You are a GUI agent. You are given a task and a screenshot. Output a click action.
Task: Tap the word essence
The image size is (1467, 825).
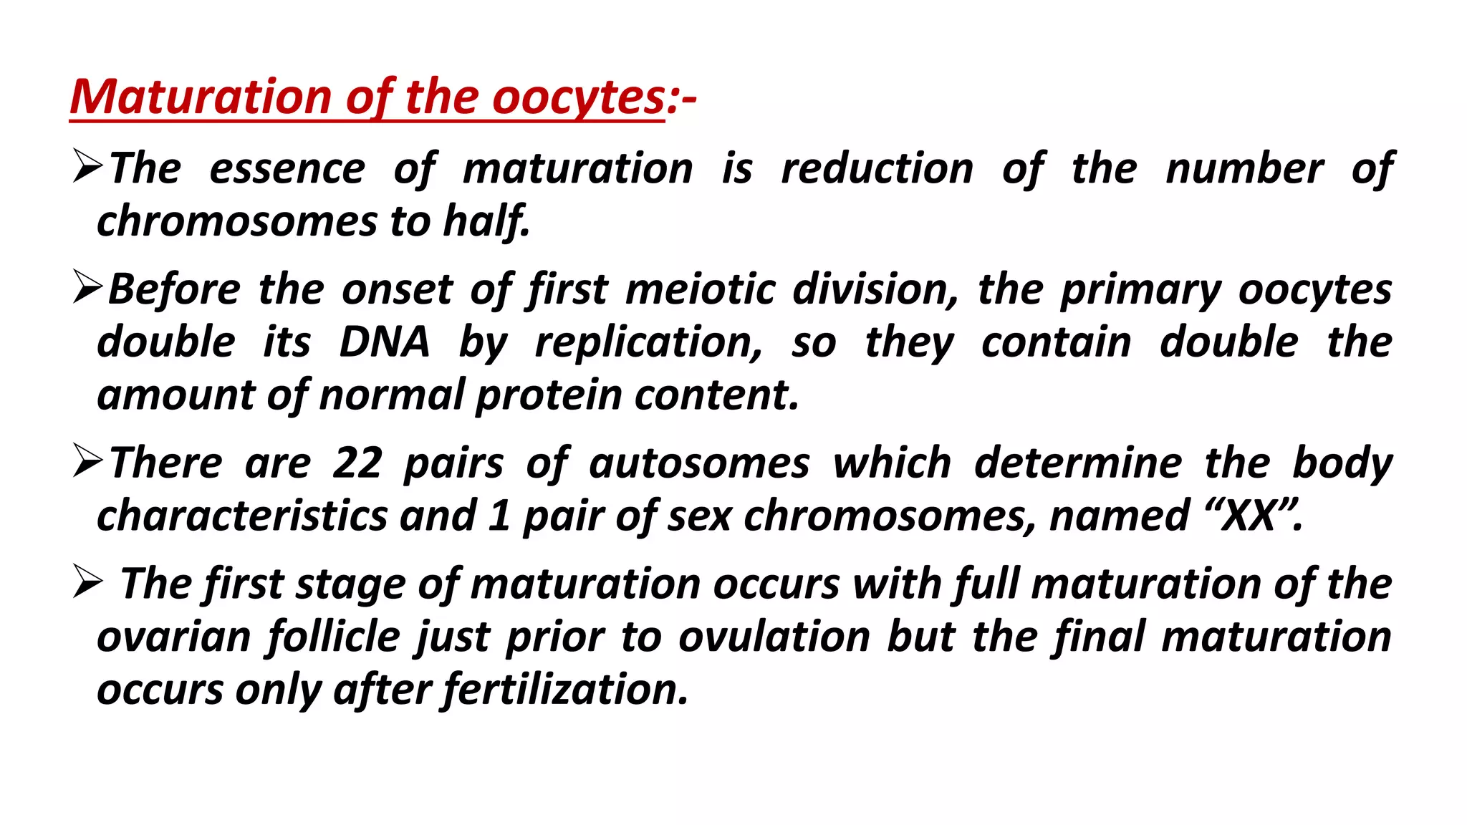click(x=287, y=169)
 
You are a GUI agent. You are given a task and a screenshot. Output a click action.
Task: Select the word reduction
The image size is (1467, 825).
click(x=877, y=169)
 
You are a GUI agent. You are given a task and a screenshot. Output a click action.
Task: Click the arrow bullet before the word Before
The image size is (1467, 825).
click(x=89, y=289)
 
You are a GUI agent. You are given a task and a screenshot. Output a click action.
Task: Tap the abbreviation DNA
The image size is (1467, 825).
click(x=384, y=342)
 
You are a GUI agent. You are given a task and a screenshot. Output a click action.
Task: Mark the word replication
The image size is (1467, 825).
click(x=648, y=343)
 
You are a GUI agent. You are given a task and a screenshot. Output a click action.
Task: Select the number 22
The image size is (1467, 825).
click(x=357, y=463)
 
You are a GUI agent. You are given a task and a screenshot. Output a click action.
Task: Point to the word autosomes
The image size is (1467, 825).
click(x=699, y=463)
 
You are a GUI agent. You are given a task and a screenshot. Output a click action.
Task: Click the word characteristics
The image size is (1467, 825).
click(x=242, y=516)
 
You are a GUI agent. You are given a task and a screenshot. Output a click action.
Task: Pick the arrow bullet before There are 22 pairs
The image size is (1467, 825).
click(x=89, y=462)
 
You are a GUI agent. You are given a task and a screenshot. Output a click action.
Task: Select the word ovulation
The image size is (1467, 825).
click(x=774, y=637)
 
